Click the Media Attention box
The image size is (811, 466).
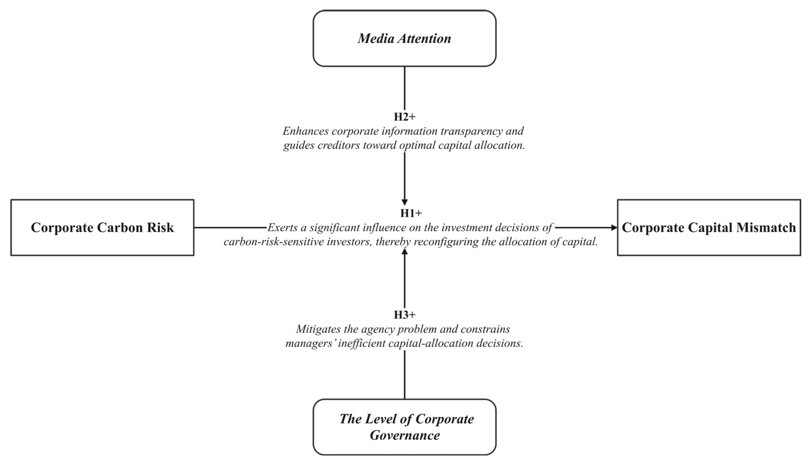pos(404,38)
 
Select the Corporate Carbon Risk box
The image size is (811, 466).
pos(102,228)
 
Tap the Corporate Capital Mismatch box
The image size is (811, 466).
pos(709,228)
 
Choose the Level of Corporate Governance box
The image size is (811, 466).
pos(404,427)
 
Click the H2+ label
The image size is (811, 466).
pos(405,117)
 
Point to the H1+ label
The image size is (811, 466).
pos(411,213)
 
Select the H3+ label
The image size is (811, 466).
pos(405,315)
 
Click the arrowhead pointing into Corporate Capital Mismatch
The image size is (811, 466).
pos(614,228)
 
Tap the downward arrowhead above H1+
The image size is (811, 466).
pos(405,202)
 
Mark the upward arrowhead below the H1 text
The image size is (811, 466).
pos(405,252)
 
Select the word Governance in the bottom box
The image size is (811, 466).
pos(405,435)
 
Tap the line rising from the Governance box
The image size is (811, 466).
pos(405,375)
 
